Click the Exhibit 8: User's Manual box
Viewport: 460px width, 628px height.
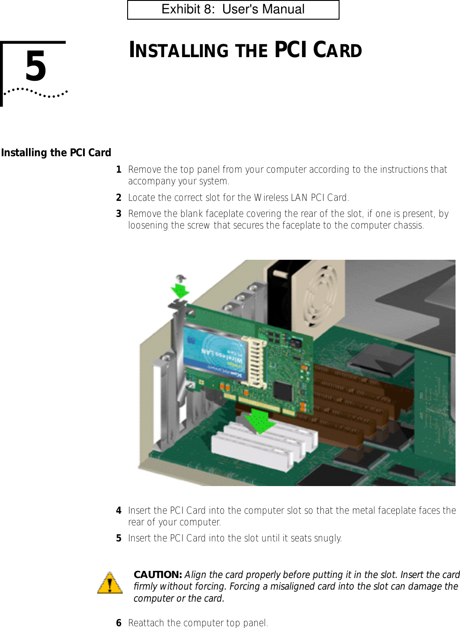[x=233, y=10]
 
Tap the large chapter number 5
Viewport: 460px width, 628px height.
[x=36, y=67]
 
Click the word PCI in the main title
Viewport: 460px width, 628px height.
[x=291, y=50]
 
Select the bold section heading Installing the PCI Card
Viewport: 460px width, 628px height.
[x=56, y=153]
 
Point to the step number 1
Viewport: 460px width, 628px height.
[x=119, y=170]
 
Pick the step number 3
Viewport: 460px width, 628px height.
[x=119, y=214]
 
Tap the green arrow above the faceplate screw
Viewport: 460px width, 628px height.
[x=181, y=290]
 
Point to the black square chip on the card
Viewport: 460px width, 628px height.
[x=283, y=391]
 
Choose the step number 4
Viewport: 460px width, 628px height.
[x=119, y=511]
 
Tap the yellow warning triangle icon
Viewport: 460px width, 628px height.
[x=110, y=583]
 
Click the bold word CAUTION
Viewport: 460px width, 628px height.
[x=157, y=575]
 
